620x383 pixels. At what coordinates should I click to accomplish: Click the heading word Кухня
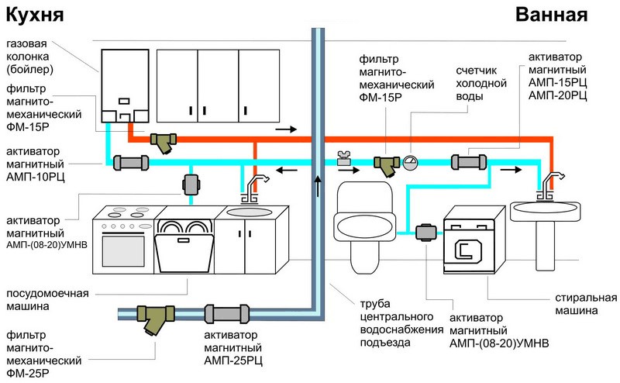32,16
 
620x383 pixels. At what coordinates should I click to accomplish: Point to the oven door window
124,247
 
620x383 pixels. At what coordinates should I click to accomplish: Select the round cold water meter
410,161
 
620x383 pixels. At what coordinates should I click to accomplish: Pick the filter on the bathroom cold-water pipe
385,163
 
